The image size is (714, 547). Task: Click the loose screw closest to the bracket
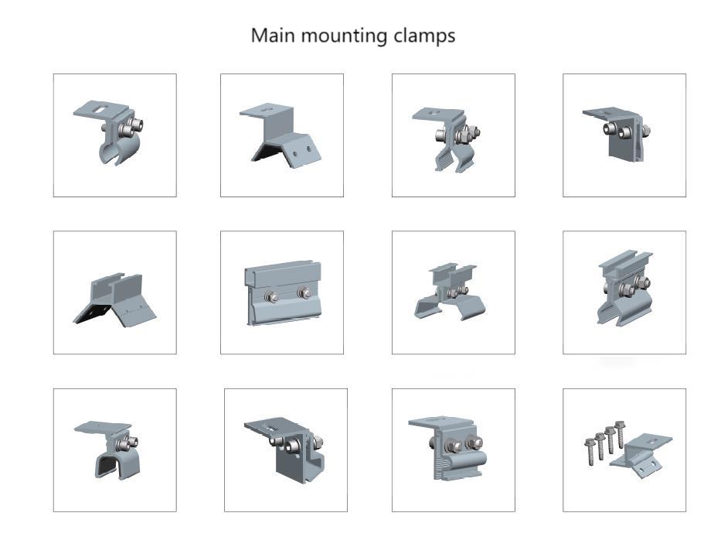(x=618, y=434)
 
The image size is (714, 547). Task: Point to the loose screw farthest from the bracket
(x=590, y=447)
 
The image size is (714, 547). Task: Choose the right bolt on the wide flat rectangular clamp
(x=304, y=294)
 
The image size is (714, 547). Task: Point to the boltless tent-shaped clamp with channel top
(x=115, y=298)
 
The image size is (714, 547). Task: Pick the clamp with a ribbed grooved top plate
(x=286, y=449)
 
